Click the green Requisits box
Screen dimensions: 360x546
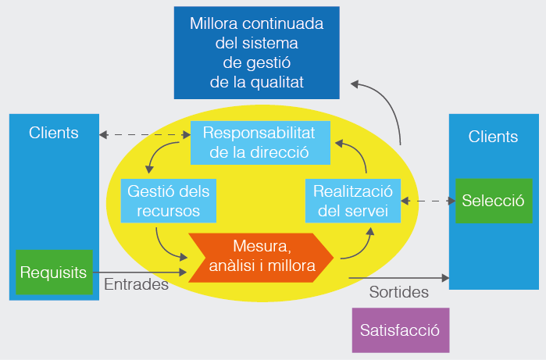[54, 273]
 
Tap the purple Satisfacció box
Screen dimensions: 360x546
[401, 330]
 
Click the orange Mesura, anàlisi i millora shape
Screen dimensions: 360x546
[262, 256]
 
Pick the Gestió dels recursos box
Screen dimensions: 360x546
[168, 200]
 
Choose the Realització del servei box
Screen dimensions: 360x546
[352, 200]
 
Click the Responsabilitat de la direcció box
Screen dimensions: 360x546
[259, 143]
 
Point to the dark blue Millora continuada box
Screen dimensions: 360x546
[256, 52]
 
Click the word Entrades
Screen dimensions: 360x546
[136, 285]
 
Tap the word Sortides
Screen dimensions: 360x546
[398, 293]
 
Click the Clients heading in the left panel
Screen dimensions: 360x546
[54, 133]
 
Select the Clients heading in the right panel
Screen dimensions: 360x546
[493, 137]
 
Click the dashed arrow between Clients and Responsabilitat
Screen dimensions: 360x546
[145, 134]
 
